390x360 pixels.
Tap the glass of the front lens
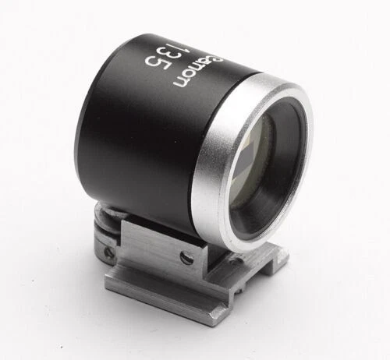pos(269,156)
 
